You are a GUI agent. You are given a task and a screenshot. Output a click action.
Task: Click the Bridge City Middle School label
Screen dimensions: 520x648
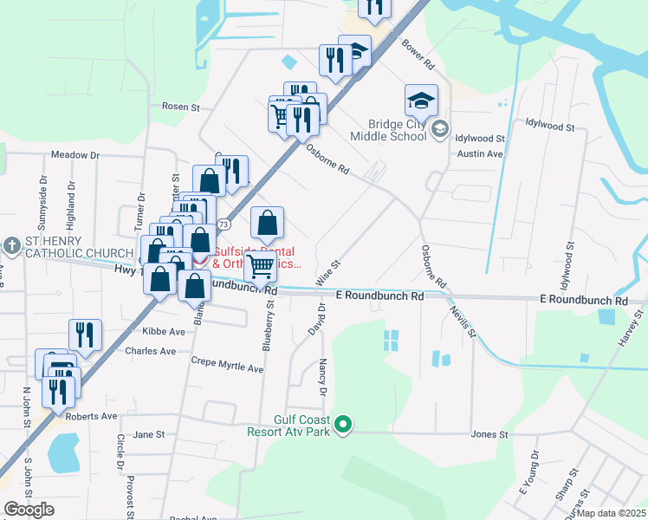tap(387, 130)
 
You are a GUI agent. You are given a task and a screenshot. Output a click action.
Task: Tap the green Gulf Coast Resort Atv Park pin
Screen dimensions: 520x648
tap(344, 424)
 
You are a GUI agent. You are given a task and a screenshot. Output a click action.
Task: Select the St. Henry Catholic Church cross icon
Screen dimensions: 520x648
tap(12, 246)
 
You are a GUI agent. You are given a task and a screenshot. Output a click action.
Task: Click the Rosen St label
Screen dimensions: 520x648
tap(181, 107)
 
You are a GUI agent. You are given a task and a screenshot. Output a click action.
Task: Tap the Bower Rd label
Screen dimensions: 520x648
tap(418, 54)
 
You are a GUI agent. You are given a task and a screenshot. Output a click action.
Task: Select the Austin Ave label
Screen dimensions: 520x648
tap(480, 154)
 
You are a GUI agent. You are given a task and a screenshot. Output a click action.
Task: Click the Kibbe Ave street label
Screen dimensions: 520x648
tap(164, 332)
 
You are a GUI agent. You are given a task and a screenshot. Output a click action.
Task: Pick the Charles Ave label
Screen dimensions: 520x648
tap(150, 351)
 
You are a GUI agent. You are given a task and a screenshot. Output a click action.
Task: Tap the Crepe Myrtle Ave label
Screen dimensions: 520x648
tap(227, 367)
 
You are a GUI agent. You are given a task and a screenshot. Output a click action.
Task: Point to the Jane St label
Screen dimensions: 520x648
tap(149, 434)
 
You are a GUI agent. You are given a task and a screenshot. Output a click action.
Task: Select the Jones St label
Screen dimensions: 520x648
tap(489, 434)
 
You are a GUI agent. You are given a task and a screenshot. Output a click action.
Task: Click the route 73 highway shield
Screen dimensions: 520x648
tap(224, 224)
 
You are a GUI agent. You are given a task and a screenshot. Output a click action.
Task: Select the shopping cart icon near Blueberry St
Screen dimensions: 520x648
tap(260, 268)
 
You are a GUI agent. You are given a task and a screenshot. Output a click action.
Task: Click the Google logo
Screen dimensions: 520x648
tap(29, 510)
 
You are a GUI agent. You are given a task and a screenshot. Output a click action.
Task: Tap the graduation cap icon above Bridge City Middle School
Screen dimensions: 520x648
tap(421, 101)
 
